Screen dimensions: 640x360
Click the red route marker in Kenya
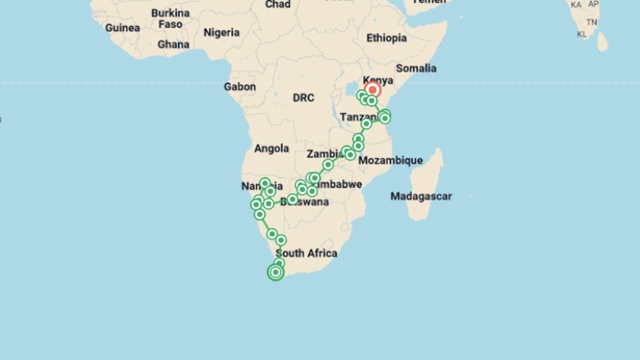click(372, 90)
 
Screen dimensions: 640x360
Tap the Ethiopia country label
click(386, 38)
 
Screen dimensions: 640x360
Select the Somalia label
click(416, 68)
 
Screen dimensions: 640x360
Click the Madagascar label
click(421, 196)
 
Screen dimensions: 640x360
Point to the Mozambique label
click(390, 160)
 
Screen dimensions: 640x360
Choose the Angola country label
click(271, 148)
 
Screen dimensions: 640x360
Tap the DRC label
click(303, 98)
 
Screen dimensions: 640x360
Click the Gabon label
click(240, 87)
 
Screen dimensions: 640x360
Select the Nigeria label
click(221, 33)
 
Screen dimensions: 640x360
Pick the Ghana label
click(173, 44)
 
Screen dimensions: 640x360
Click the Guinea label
click(122, 28)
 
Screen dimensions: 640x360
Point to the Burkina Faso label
click(170, 19)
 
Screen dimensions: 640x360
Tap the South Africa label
click(307, 253)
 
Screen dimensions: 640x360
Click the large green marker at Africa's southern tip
click(275, 272)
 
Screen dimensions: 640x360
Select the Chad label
click(278, 4)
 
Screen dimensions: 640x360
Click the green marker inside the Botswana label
click(292, 199)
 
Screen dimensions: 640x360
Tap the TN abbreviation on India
click(592, 22)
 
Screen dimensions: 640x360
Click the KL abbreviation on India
click(582, 34)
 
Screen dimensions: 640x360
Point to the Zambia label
click(324, 154)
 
